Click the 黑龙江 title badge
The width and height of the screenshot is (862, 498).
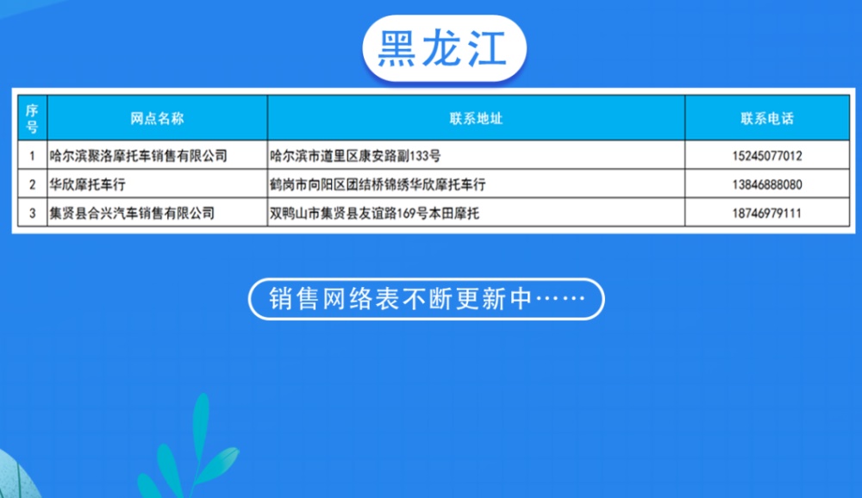pyautogui.click(x=444, y=48)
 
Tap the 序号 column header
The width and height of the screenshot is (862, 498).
pyautogui.click(x=32, y=118)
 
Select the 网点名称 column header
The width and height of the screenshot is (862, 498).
pyautogui.click(x=157, y=118)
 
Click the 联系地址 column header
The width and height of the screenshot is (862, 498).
pyautogui.click(x=476, y=118)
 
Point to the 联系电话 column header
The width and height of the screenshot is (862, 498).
pyautogui.click(x=767, y=118)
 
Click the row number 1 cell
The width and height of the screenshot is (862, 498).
pyautogui.click(x=32, y=156)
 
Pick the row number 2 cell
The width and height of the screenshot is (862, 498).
pyautogui.click(x=32, y=184)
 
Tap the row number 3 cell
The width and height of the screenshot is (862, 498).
pyautogui.click(x=32, y=214)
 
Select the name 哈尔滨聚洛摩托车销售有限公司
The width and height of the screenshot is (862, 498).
pyautogui.click(x=138, y=156)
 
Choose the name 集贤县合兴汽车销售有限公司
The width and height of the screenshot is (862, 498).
pyautogui.click(x=132, y=214)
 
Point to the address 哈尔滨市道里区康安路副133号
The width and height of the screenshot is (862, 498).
pyautogui.click(x=355, y=156)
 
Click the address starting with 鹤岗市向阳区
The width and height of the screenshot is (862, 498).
pyautogui.click(x=378, y=184)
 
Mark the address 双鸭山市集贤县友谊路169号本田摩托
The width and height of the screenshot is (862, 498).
pyautogui.click(x=374, y=214)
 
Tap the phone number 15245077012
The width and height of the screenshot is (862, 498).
pyautogui.click(x=767, y=156)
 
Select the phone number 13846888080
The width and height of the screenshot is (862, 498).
pyautogui.click(x=767, y=184)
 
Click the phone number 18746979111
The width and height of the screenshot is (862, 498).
pyautogui.click(x=767, y=214)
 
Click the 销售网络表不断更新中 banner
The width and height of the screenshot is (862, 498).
pyautogui.click(x=427, y=299)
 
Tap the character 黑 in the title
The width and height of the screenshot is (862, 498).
pyautogui.click(x=396, y=48)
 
